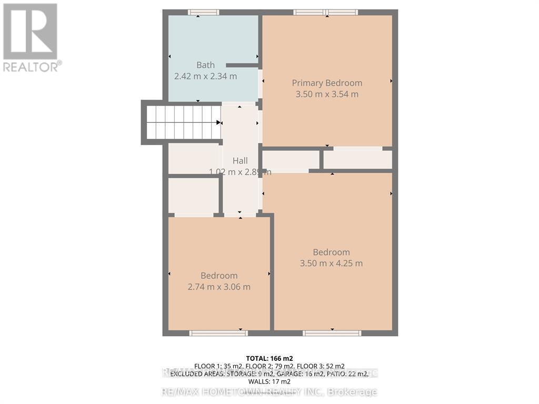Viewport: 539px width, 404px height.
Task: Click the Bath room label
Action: click(205, 65)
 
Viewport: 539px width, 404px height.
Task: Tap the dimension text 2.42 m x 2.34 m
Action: click(205, 76)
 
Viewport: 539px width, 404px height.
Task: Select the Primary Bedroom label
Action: click(327, 83)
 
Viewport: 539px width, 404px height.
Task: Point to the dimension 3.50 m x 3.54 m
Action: click(327, 94)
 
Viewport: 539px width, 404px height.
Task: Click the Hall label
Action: click(240, 161)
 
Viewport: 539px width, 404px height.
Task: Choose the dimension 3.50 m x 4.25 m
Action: click(331, 264)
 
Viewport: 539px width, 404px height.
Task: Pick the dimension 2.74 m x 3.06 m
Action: click(219, 287)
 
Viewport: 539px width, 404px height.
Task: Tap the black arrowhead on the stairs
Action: click(218, 122)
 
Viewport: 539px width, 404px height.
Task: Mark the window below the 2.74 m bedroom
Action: click(218, 332)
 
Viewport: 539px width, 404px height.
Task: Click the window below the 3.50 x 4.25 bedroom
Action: click(332, 332)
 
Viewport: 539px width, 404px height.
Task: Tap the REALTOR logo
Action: click(32, 37)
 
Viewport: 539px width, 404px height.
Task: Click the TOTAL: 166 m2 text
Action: click(269, 358)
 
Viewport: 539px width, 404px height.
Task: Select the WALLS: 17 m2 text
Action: click(269, 381)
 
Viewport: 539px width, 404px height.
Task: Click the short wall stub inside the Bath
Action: click(242, 65)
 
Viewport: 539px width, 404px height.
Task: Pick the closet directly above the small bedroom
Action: click(193, 195)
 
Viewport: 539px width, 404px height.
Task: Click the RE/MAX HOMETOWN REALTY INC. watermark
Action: click(269, 392)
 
